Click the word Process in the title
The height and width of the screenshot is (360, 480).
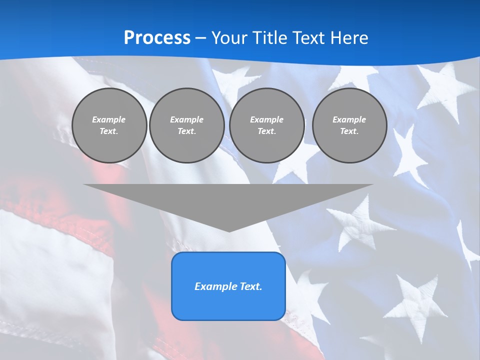[x=157, y=38]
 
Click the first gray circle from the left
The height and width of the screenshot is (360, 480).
[x=109, y=125]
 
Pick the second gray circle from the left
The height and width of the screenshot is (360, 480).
[x=186, y=125]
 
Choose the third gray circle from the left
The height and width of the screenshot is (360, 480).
[x=266, y=125]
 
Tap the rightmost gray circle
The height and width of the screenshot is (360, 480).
[x=349, y=125]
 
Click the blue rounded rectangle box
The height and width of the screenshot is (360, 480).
[x=228, y=286]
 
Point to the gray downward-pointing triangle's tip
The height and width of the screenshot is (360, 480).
[x=229, y=230]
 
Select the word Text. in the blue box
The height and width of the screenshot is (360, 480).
[x=250, y=286]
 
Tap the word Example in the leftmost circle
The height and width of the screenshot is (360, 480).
[x=109, y=119]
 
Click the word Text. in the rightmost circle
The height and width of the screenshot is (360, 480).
[x=349, y=131]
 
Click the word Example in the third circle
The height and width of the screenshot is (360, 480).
[x=266, y=119]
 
